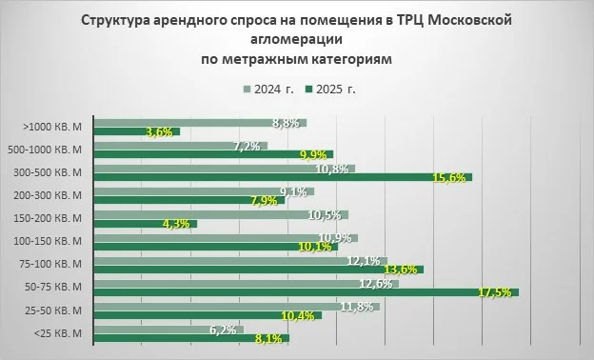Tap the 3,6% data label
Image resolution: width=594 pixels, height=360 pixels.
pyautogui.click(x=159, y=131)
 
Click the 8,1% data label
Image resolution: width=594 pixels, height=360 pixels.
pyautogui.click(x=269, y=338)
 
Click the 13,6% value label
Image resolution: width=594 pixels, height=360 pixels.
pyautogui.click(x=405, y=270)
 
